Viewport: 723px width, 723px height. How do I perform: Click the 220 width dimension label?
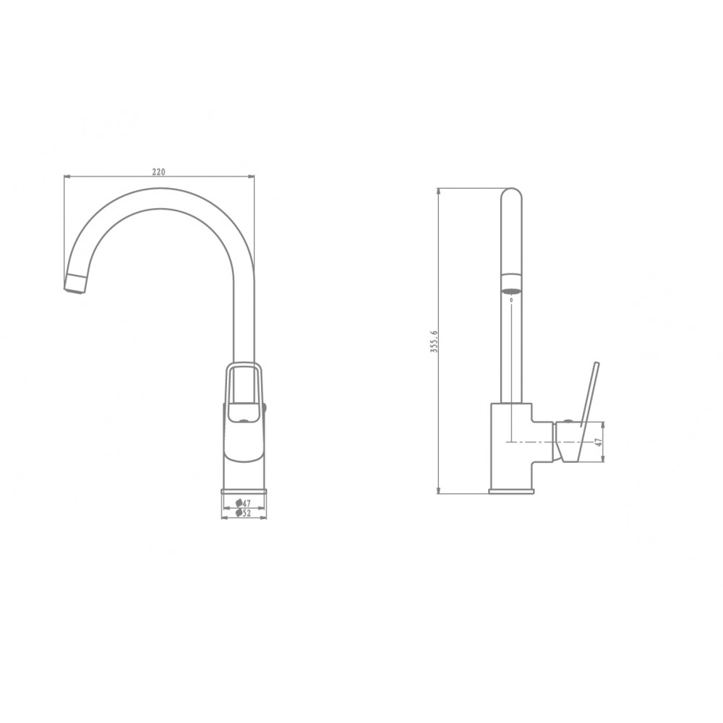tap(158, 171)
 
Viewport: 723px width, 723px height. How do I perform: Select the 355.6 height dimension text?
tap(434, 341)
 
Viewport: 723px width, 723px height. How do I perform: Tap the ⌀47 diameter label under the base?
tap(243, 503)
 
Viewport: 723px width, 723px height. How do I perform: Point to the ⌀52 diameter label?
tap(243, 513)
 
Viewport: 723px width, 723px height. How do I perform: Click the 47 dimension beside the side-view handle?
tap(599, 442)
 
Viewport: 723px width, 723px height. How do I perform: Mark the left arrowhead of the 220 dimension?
tap(67, 176)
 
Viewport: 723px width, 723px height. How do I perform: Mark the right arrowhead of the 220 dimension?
tap(252, 176)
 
